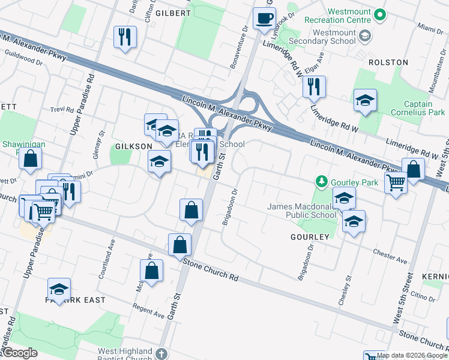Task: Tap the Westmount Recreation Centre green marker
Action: click(379, 14)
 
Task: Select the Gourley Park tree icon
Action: click(322, 181)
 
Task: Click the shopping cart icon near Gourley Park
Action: click(396, 182)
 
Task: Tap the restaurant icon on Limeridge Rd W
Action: click(314, 87)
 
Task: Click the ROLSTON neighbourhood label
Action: click(388, 62)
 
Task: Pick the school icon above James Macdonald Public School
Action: click(344, 198)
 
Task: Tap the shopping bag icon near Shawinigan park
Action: click(30, 159)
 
